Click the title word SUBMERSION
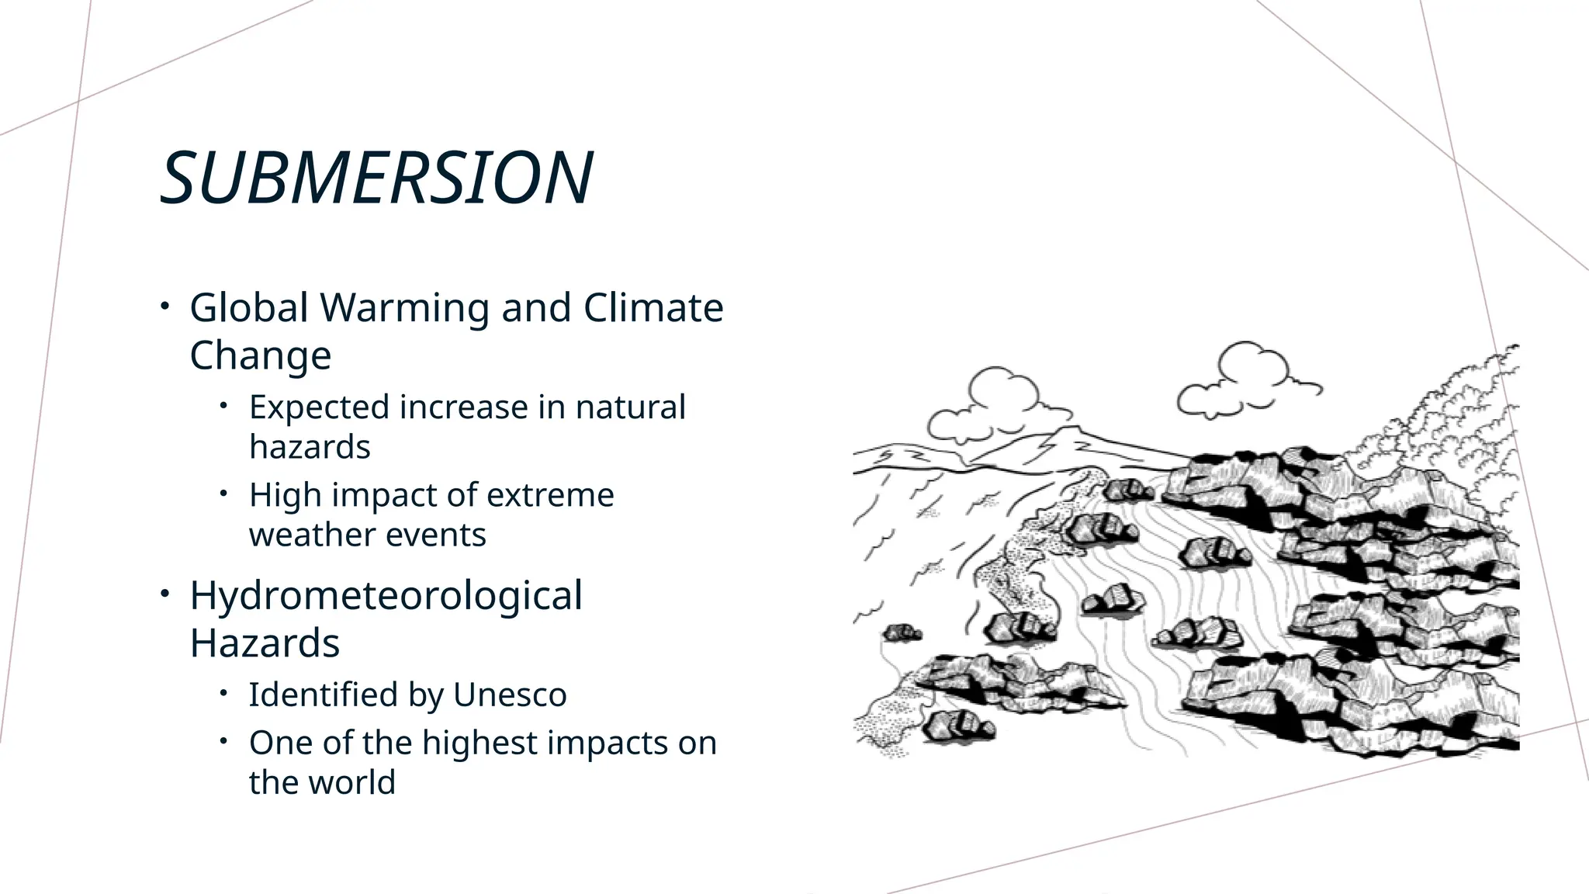[x=376, y=178]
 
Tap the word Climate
[x=653, y=308]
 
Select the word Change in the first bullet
[x=261, y=356]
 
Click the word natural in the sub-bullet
[x=630, y=407]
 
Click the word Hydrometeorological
[x=386, y=596]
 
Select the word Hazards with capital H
[x=265, y=643]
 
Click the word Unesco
[x=510, y=695]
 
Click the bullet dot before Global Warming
[x=164, y=307]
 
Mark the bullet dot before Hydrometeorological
[x=164, y=594]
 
